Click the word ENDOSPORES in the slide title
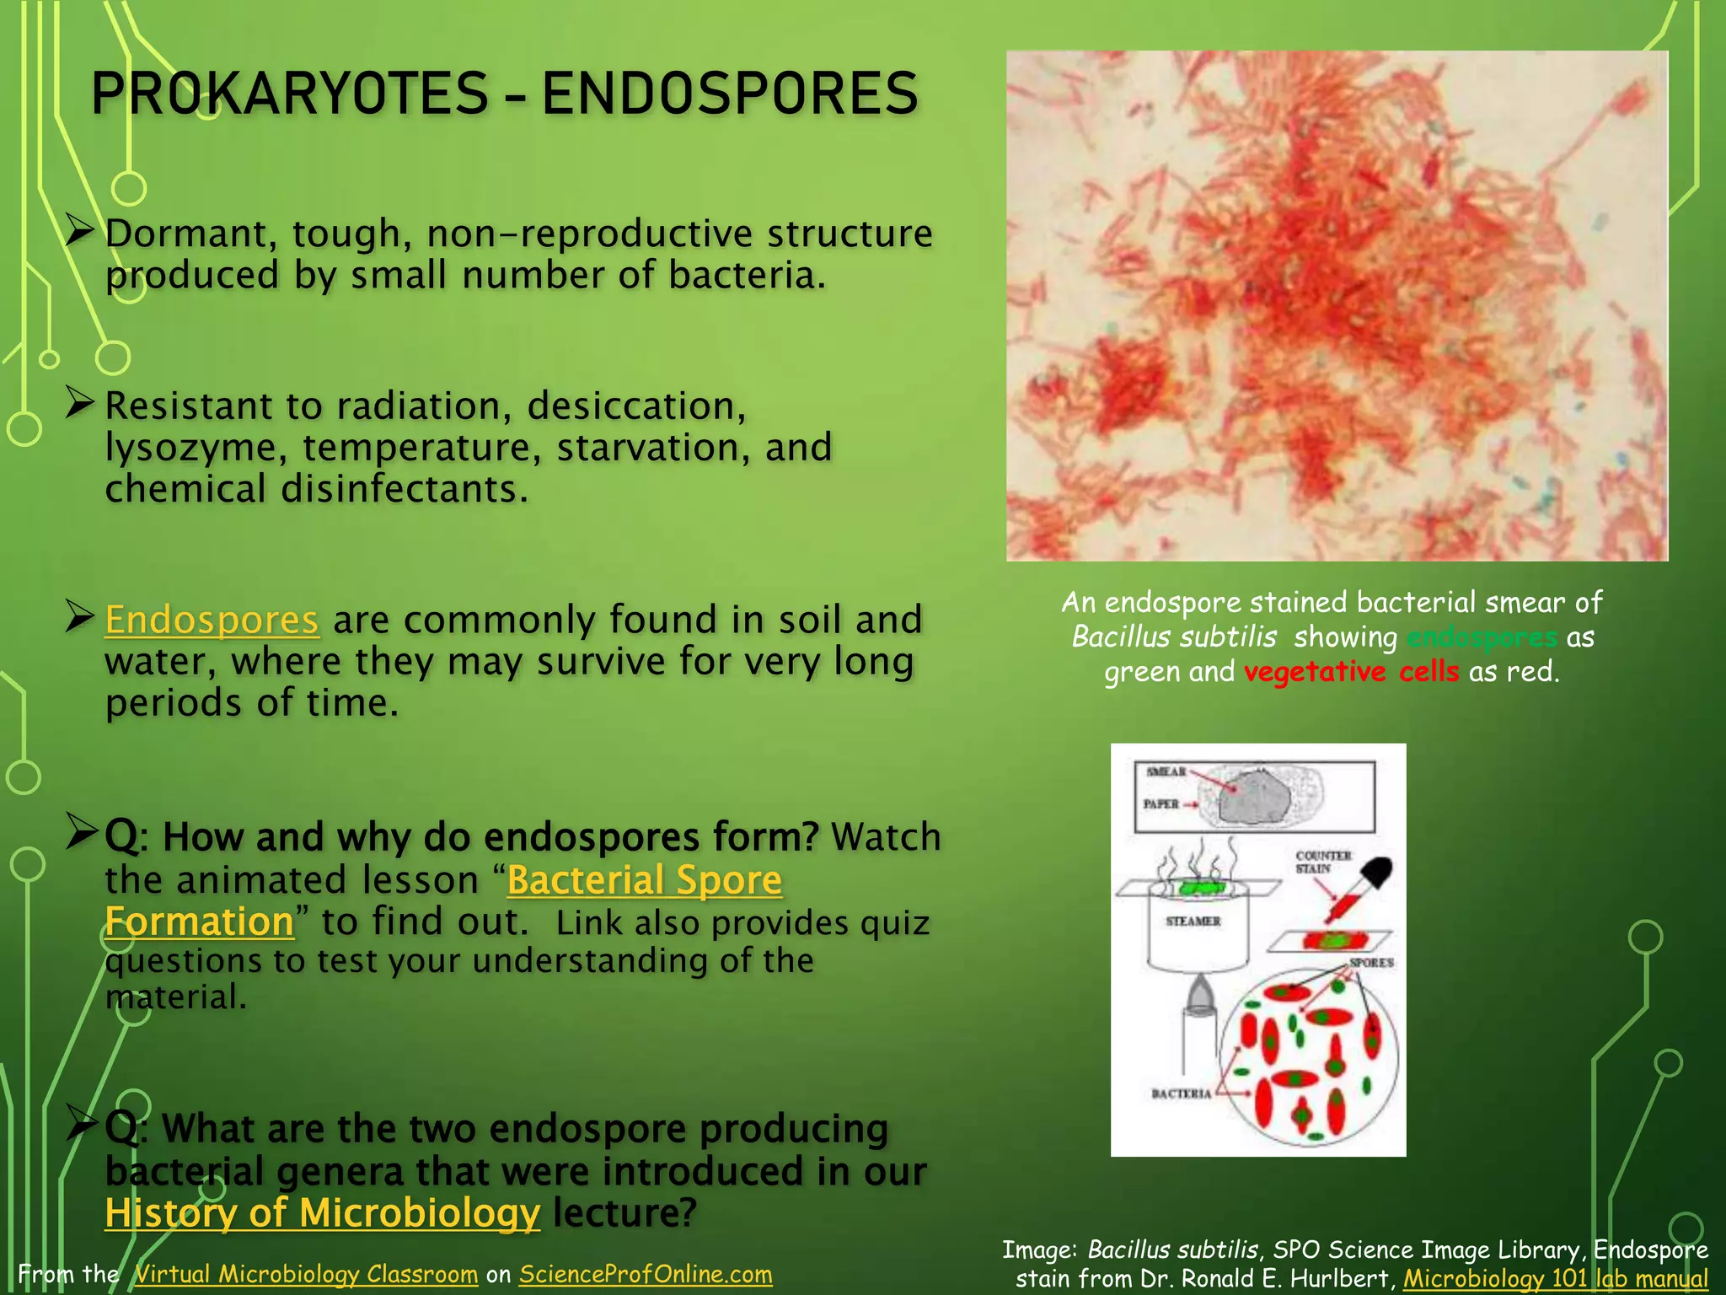[730, 94]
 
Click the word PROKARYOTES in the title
[290, 94]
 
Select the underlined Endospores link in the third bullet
[212, 621]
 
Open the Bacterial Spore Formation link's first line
[645, 881]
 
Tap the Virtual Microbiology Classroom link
[306, 1274]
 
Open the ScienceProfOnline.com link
[646, 1274]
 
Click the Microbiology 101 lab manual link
[1555, 1279]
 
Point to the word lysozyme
[195, 449]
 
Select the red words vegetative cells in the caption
[1351, 672]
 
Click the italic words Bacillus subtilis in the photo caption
[1174, 637]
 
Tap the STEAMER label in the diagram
[1193, 922]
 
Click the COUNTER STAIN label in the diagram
[1323, 862]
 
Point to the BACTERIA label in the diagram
[1181, 1093]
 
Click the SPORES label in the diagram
[1371, 962]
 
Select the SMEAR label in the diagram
[1166, 771]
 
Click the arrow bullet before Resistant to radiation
[79, 403]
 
